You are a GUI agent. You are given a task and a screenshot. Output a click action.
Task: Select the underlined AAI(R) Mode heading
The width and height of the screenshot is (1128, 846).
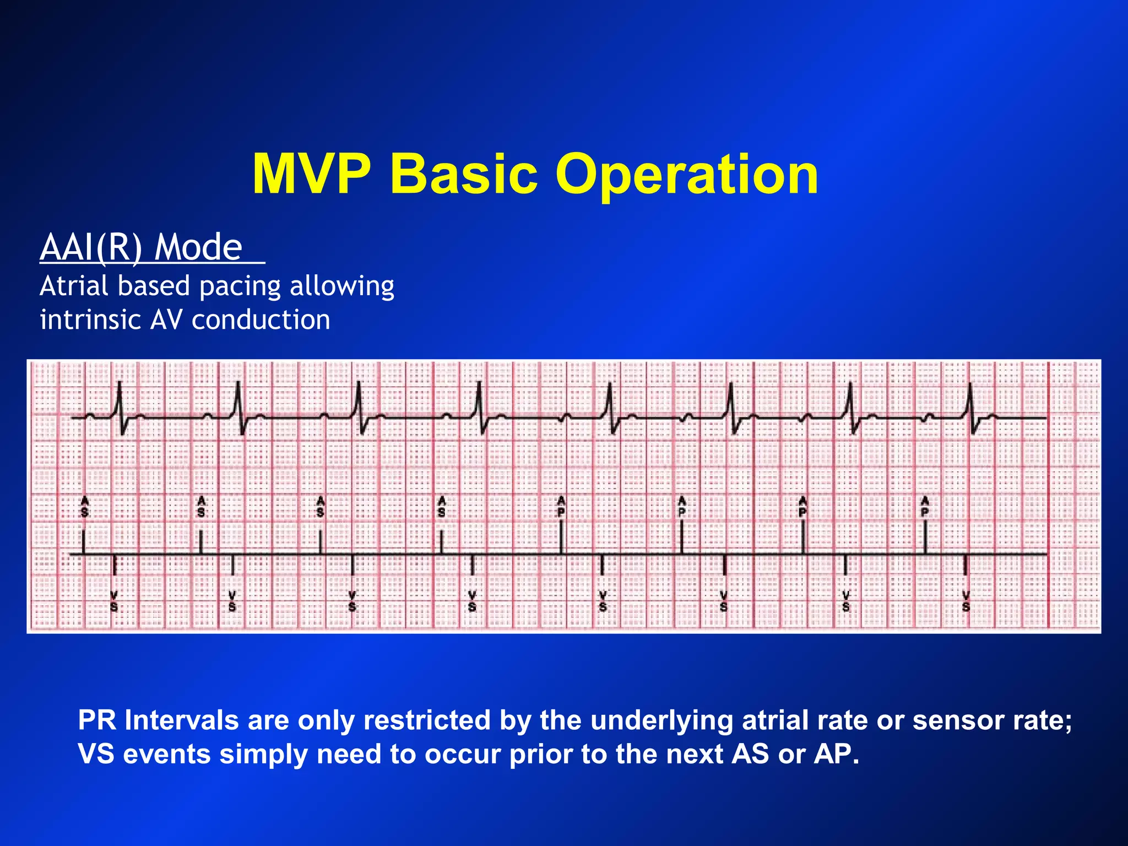[x=142, y=247]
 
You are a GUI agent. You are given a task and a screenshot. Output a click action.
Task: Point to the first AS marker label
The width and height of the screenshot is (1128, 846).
[x=84, y=506]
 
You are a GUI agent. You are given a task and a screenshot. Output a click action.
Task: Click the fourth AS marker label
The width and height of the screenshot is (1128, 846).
[x=441, y=506]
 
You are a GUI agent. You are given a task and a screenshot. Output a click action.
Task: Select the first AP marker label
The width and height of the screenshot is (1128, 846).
[x=561, y=506]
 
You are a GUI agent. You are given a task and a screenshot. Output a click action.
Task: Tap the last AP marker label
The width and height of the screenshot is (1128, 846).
[x=925, y=506]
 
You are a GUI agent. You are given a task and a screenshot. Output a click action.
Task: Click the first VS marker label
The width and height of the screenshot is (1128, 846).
[x=114, y=601]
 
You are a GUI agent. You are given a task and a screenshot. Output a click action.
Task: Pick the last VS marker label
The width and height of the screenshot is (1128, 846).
[x=966, y=601]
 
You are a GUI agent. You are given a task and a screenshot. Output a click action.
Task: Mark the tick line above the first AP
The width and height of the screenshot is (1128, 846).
[x=561, y=537]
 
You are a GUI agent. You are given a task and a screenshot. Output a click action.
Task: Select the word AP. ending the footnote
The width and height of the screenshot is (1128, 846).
[x=836, y=754]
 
